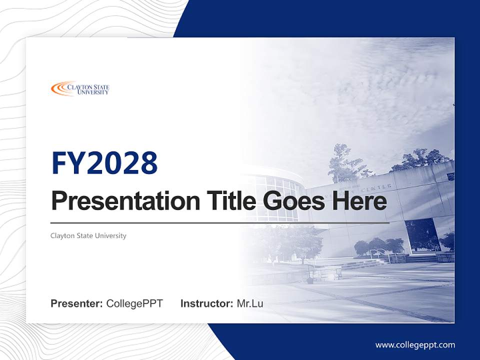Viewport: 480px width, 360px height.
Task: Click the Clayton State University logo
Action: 80,89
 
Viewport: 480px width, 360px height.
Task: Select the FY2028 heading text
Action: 104,163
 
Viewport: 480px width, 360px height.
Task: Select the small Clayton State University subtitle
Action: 88,235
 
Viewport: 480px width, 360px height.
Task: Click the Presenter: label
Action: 77,303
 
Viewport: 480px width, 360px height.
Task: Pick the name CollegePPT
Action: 134,303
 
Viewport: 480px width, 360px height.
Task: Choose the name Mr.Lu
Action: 250,303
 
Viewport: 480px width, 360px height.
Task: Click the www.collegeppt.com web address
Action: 415,344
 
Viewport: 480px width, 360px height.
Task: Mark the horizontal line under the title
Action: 220,223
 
